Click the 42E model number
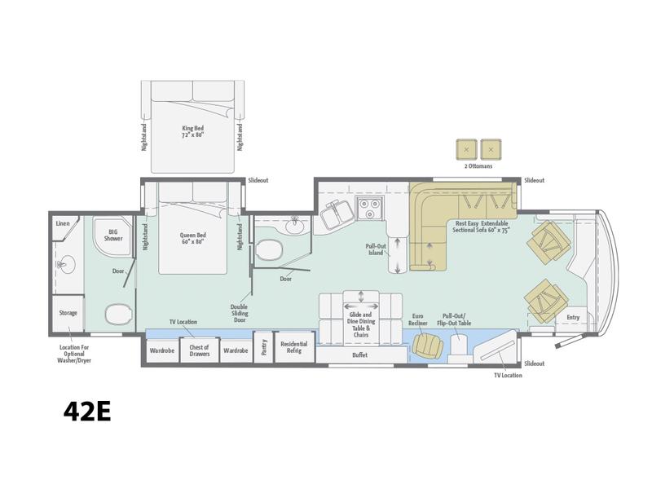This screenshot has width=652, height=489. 87,412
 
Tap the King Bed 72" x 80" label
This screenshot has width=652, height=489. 193,131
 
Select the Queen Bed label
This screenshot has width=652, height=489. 193,238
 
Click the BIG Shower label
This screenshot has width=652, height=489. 113,236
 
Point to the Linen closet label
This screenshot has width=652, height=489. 63,223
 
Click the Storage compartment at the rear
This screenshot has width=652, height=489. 68,313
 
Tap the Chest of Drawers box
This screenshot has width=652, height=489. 199,350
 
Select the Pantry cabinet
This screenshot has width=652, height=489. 263,347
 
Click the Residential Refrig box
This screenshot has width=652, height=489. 294,347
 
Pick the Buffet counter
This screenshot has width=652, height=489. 361,355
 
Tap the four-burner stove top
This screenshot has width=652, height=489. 370,209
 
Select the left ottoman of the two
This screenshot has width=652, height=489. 466,149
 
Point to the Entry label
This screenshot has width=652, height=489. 573,317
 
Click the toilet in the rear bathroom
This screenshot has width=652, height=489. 118,314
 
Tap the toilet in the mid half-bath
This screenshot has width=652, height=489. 270,249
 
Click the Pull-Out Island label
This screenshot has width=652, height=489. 376,249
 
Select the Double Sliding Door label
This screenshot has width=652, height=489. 239,313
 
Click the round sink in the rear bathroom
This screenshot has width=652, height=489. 66,264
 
